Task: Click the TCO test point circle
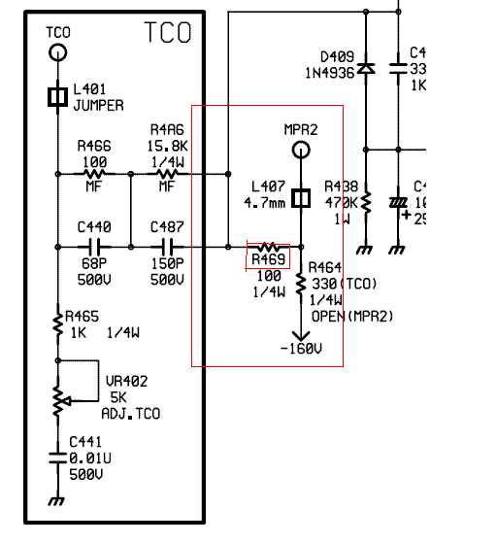58,53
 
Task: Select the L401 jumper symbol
58,96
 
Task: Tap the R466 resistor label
94,146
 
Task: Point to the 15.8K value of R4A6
168,146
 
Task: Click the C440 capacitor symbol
94,247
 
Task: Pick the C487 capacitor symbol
168,247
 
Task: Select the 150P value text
168,264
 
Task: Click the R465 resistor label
83,316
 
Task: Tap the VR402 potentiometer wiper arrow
67,401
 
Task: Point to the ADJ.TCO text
131,414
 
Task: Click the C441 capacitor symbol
58,458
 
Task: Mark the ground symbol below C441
56,501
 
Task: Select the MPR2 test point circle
301,150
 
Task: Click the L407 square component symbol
301,198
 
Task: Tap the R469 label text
269,259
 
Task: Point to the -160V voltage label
301,349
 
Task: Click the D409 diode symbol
366,68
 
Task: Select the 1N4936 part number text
330,73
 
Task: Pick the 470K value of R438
341,203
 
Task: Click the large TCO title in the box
168,32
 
